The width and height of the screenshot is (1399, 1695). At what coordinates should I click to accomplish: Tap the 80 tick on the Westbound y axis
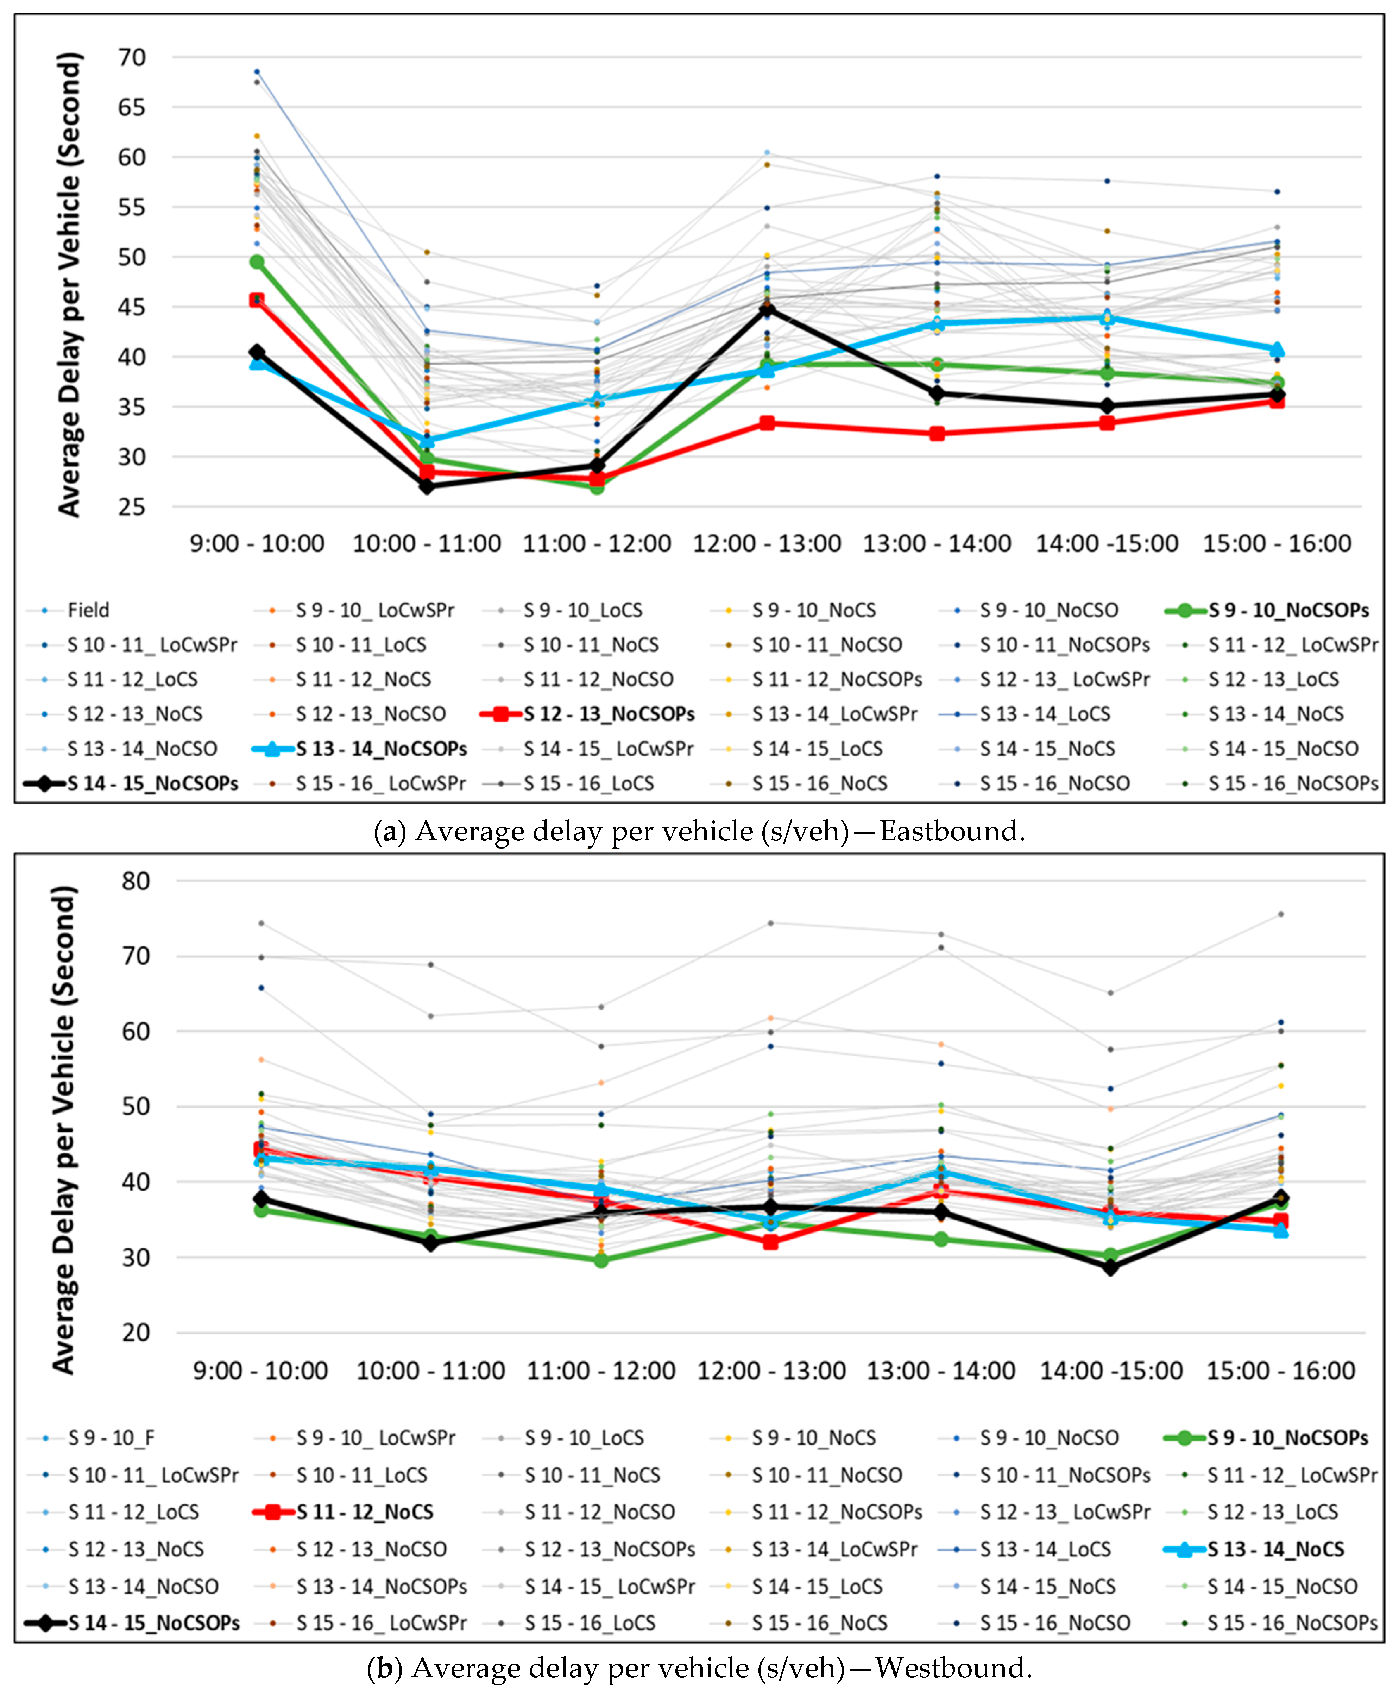click(x=136, y=881)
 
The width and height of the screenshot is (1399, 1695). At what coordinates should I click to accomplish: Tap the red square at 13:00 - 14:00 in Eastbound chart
click(x=937, y=434)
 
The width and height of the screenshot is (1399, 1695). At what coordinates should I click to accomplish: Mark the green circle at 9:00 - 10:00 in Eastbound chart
click(x=257, y=262)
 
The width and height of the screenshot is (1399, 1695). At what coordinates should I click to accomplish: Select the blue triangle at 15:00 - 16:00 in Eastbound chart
click(x=1277, y=349)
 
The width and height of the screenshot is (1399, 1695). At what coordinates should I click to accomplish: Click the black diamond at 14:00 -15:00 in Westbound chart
click(x=1110, y=1267)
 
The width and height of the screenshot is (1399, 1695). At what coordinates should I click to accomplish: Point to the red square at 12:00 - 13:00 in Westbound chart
click(x=770, y=1242)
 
